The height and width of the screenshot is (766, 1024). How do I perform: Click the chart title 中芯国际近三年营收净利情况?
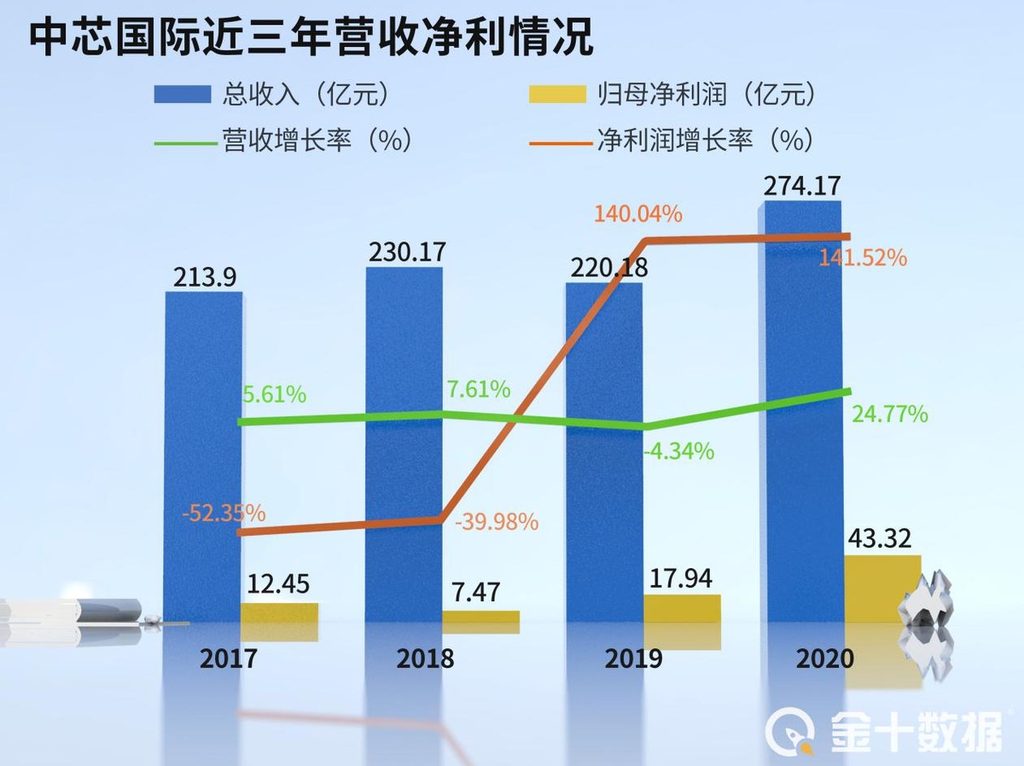pos(311,38)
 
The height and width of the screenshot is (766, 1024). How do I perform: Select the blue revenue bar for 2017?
pos(203,461)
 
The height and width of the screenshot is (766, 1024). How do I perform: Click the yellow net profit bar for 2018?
pos(480,618)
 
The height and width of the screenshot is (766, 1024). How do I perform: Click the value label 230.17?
pos(407,252)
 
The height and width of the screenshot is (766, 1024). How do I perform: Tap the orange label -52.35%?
pos(223,514)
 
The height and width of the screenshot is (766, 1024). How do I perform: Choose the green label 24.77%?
pos(889,415)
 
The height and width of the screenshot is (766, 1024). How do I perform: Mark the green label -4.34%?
pos(678,450)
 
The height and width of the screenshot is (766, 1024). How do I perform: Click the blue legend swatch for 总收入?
pos(182,94)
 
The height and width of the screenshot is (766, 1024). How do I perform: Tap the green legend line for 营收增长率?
pos(185,141)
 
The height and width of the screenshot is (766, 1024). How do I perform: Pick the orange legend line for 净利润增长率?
pos(559,141)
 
